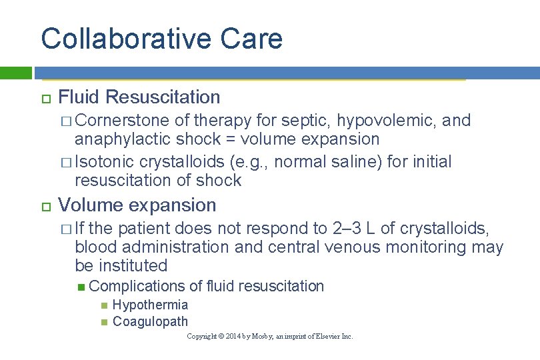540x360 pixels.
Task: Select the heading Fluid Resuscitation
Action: pos(139,97)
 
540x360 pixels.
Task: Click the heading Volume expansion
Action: pos(137,205)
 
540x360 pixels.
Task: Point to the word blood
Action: pos(95,247)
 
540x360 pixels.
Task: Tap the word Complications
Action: pos(137,287)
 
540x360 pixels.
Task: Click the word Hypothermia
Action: pos(151,305)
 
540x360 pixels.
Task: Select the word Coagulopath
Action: pos(151,322)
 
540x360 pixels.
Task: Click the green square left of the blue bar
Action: pos(16,73)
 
